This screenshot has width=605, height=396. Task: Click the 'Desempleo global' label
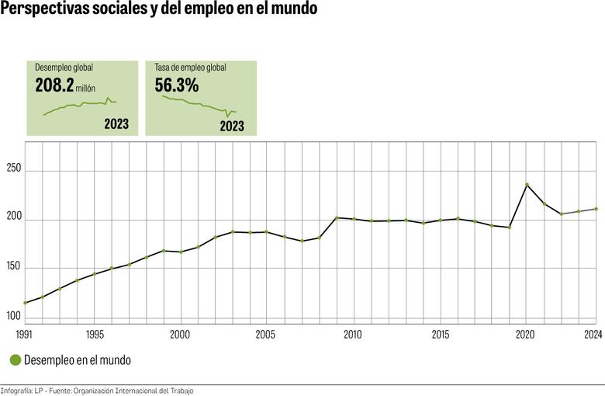64,68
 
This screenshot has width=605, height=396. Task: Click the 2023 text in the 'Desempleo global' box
116,124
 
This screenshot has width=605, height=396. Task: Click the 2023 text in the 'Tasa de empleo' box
232,125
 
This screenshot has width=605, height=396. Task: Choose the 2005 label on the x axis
266,334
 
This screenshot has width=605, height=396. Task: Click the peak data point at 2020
527,185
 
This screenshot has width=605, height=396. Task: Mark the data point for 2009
337,217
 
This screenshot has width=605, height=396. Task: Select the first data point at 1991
25,303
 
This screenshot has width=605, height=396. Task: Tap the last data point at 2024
595,209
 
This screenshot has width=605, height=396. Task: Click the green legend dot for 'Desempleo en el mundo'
14,360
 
